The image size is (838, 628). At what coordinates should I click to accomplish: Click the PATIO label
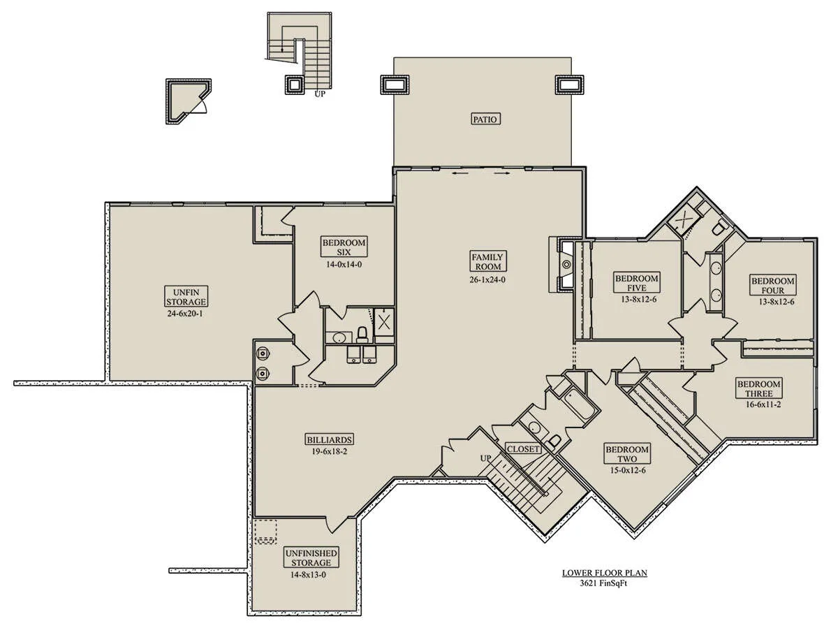point(485,119)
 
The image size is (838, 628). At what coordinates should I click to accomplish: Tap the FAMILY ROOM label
point(488,261)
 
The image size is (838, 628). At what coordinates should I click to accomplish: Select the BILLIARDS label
point(329,439)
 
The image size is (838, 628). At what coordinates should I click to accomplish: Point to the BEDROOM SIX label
point(344,247)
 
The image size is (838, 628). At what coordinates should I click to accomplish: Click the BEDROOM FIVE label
point(637,282)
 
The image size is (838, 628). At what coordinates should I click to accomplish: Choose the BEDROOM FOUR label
point(773,285)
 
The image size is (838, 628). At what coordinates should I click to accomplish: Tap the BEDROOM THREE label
point(759,388)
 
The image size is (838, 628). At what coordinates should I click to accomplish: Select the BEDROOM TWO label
point(627,454)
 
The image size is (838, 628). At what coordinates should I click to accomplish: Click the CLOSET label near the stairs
point(522,449)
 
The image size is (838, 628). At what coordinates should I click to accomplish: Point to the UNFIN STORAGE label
point(186,297)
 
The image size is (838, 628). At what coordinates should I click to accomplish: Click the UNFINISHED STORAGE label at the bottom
point(311,557)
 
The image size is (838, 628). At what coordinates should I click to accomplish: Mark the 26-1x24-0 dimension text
point(487,279)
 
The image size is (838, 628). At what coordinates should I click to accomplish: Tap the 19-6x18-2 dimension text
point(329,452)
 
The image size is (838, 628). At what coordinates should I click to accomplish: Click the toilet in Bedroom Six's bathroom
point(362,335)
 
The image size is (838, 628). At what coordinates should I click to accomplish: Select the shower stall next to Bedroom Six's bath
point(383,322)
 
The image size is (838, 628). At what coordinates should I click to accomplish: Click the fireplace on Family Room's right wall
point(565,264)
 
